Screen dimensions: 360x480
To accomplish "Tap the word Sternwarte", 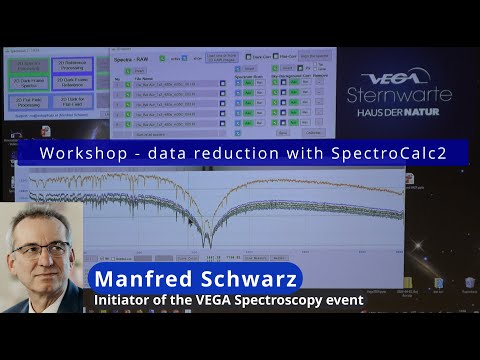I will (x=398, y=96).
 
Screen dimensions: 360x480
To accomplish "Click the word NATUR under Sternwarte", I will (x=432, y=112).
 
